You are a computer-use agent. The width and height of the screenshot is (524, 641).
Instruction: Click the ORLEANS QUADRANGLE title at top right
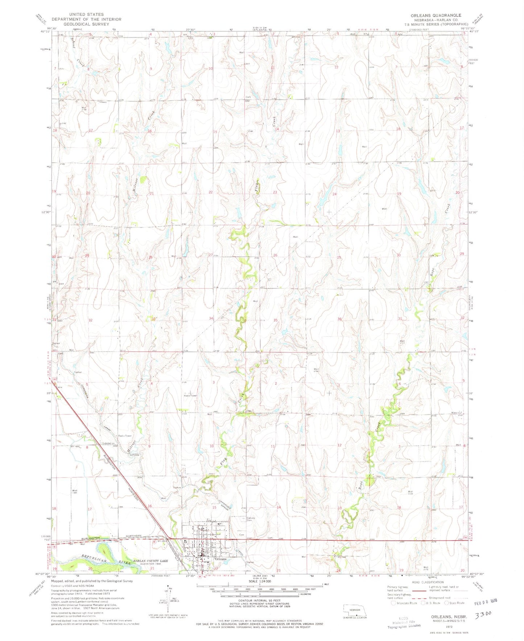click(x=431, y=15)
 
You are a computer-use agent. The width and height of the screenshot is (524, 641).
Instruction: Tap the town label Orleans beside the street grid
click(x=220, y=559)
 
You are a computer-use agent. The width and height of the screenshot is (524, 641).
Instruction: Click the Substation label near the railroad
click(x=108, y=443)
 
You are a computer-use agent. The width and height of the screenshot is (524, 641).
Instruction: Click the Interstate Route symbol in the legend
click(x=393, y=603)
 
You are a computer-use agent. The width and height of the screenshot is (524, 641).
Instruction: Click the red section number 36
click(x=339, y=319)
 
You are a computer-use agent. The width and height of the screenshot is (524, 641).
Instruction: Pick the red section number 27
click(x=210, y=255)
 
